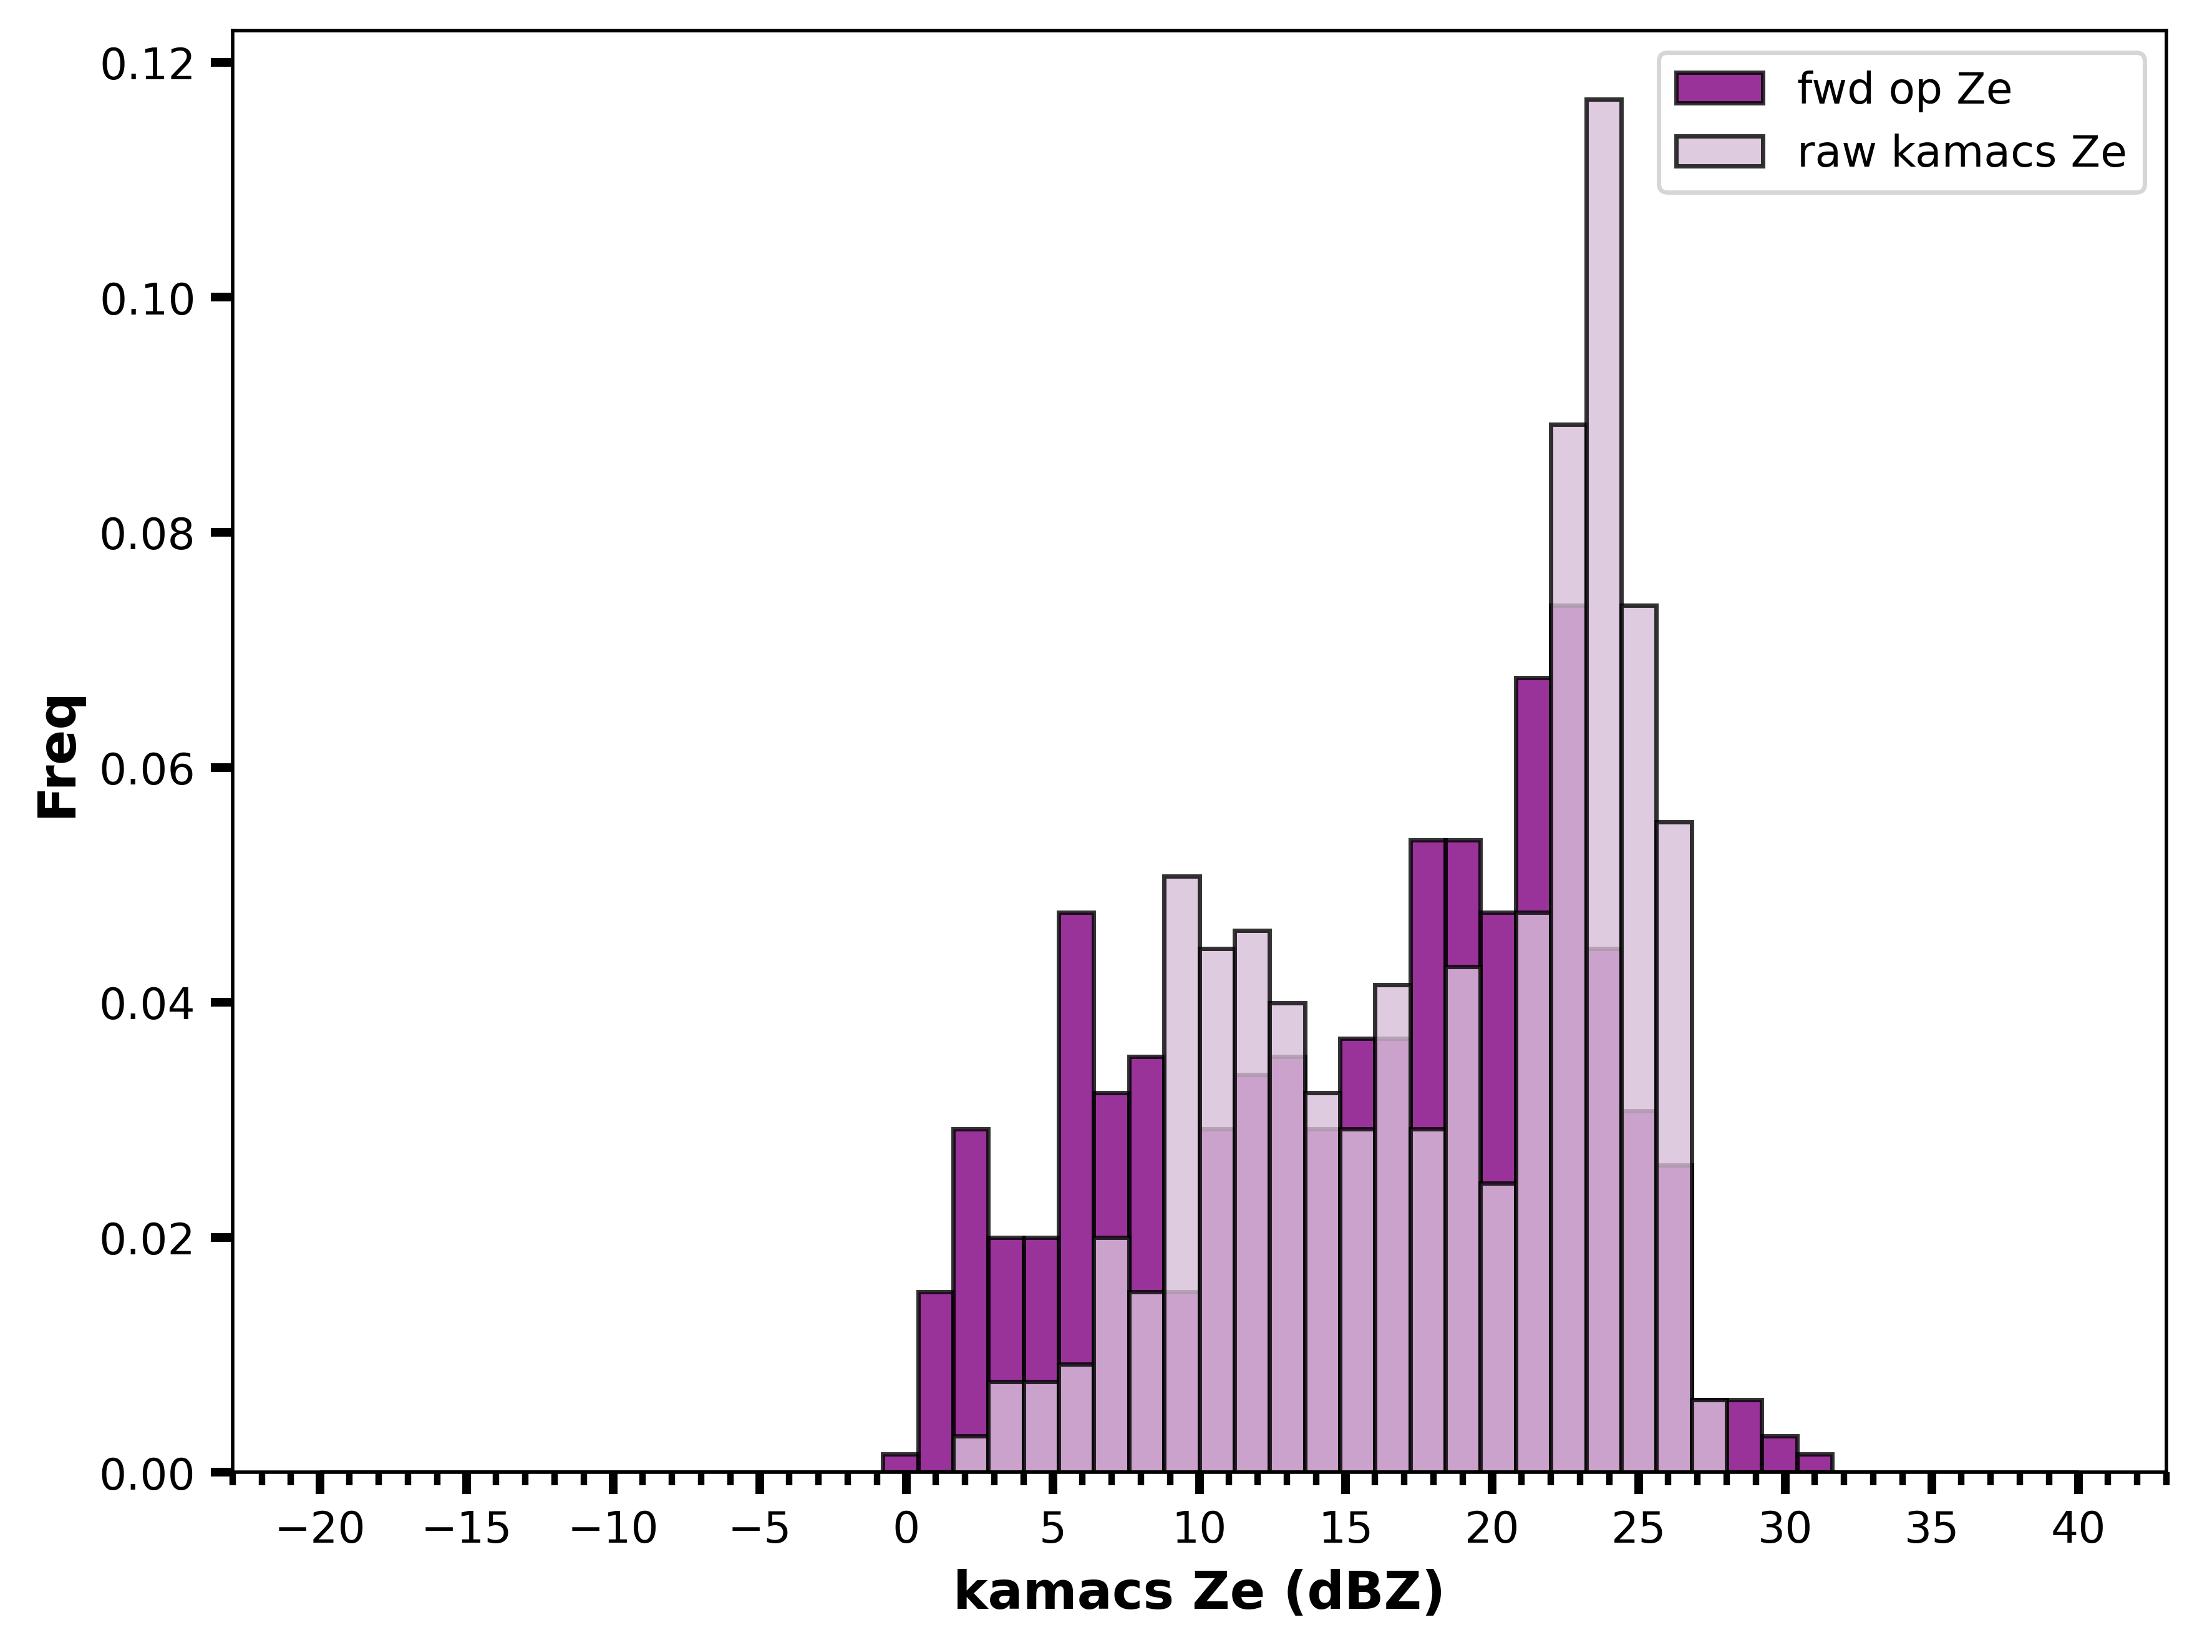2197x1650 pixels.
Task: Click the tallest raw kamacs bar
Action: tap(1603, 785)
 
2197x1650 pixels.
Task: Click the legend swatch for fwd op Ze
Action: tap(1719, 89)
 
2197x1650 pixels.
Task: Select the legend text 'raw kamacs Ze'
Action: tap(1962, 152)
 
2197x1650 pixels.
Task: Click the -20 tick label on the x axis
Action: tap(320, 1529)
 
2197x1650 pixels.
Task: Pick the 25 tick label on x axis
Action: tap(1639, 1529)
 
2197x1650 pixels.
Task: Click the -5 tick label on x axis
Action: tap(760, 1529)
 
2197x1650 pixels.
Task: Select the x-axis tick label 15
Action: tap(1346, 1529)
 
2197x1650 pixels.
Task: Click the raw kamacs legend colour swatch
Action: tap(1719, 151)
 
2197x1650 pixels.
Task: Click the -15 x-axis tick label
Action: tap(466, 1529)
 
